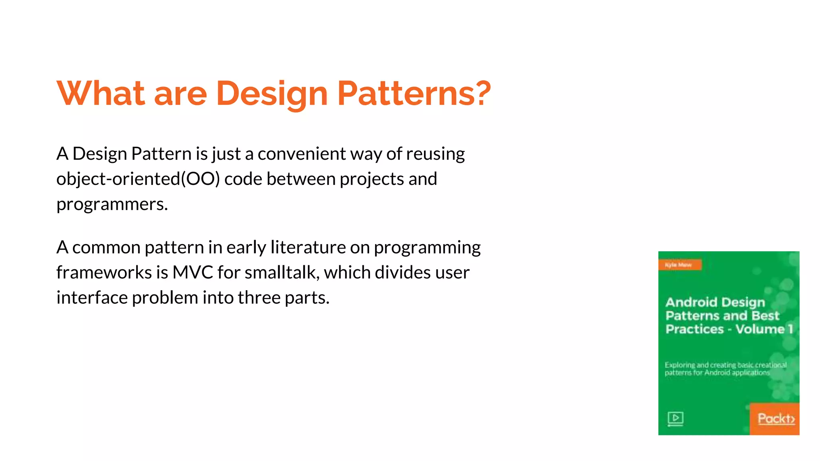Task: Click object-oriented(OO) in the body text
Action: [138, 179]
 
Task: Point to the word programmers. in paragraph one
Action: [112, 204]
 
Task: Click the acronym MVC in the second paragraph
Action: [193, 273]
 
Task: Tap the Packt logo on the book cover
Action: [776, 419]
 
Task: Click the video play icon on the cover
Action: [675, 419]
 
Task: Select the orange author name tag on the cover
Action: [679, 265]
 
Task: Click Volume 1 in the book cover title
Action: [764, 329]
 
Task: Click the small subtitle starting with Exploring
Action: [725, 369]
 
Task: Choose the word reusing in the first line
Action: [436, 154]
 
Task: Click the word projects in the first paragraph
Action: [372, 179]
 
